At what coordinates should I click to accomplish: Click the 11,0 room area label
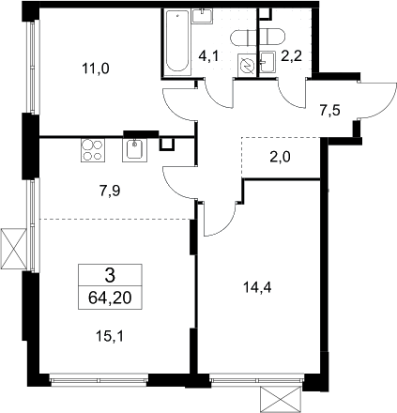96,69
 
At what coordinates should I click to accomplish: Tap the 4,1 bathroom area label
208,56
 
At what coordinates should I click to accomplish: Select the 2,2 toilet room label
292,56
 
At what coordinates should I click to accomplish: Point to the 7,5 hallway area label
329,111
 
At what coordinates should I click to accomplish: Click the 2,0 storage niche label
280,157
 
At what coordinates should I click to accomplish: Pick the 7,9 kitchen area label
110,191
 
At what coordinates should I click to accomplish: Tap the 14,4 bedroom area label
257,287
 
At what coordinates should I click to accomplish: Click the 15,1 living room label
110,337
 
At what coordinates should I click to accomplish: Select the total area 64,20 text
110,298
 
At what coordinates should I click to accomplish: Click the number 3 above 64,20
110,275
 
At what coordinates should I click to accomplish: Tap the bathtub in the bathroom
177,42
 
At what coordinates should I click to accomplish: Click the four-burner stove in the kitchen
93,150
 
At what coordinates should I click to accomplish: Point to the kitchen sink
134,150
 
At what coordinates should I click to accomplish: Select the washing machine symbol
247,65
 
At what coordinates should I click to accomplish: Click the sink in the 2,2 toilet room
267,63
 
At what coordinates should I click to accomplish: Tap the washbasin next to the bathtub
203,16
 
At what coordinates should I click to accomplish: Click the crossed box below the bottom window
281,400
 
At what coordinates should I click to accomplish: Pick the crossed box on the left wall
13,249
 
